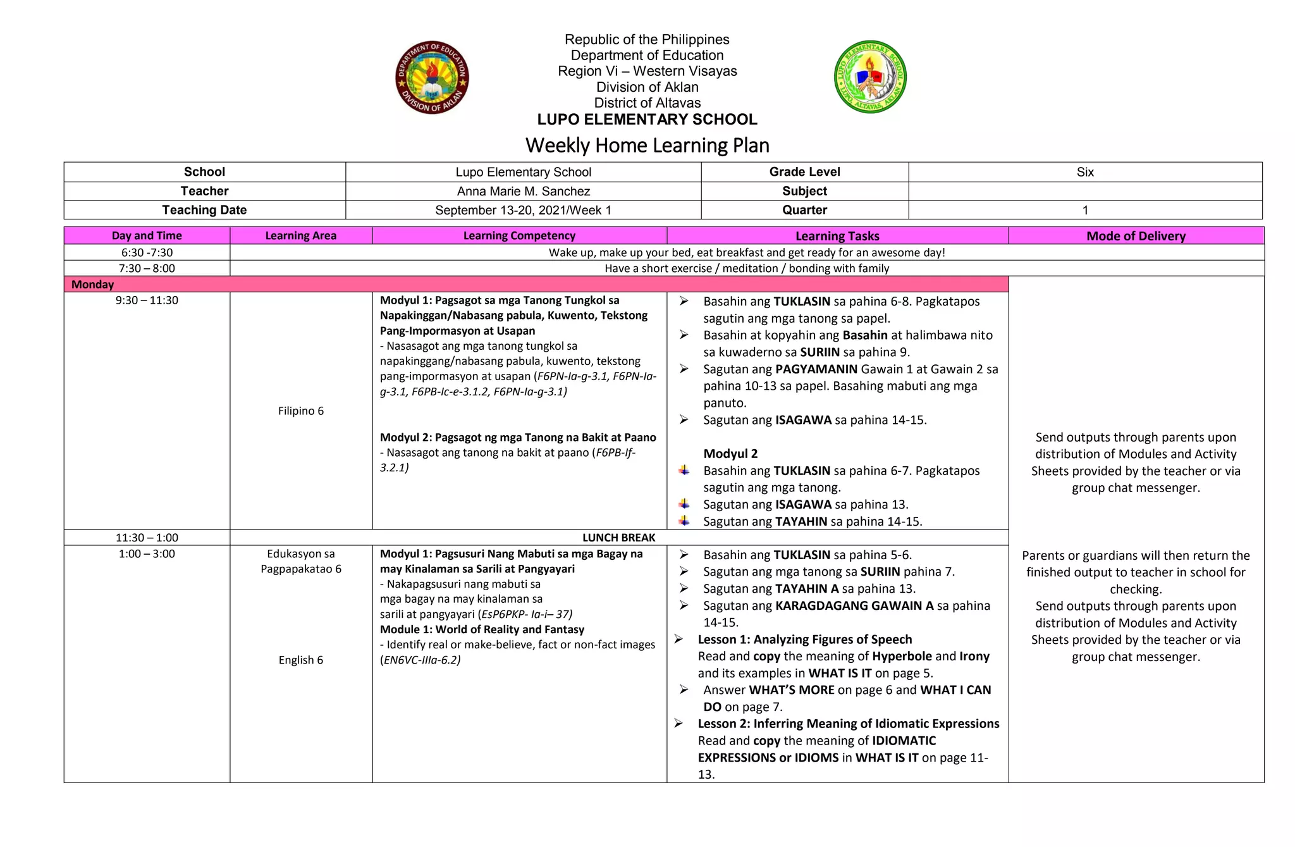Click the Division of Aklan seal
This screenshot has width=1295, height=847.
click(432, 77)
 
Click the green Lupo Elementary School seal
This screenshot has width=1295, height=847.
click(870, 77)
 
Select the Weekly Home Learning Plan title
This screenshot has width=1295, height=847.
click(647, 145)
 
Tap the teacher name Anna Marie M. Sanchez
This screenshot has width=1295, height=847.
click(523, 191)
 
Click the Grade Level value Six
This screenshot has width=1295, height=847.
click(1084, 172)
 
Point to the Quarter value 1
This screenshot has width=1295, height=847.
click(1084, 210)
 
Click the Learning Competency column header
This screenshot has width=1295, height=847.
click(519, 236)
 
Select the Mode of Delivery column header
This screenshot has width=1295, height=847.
click(1136, 236)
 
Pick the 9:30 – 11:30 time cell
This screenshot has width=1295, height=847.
click(147, 300)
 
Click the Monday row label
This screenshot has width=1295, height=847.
click(92, 285)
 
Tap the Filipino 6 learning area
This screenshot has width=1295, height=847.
click(300, 411)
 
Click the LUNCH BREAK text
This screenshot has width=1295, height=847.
click(618, 538)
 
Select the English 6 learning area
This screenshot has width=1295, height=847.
click(300, 660)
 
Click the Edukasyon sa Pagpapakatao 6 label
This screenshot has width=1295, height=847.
click(300, 562)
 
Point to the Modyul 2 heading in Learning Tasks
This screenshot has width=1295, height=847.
click(730, 454)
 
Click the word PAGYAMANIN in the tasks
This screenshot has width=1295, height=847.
click(816, 369)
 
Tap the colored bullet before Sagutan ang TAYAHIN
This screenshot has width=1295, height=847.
click(684, 521)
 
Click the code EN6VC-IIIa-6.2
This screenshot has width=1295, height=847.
click(420, 660)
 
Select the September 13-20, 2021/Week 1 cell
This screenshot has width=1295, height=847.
click(523, 210)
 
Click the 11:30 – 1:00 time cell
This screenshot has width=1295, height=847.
click(147, 538)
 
